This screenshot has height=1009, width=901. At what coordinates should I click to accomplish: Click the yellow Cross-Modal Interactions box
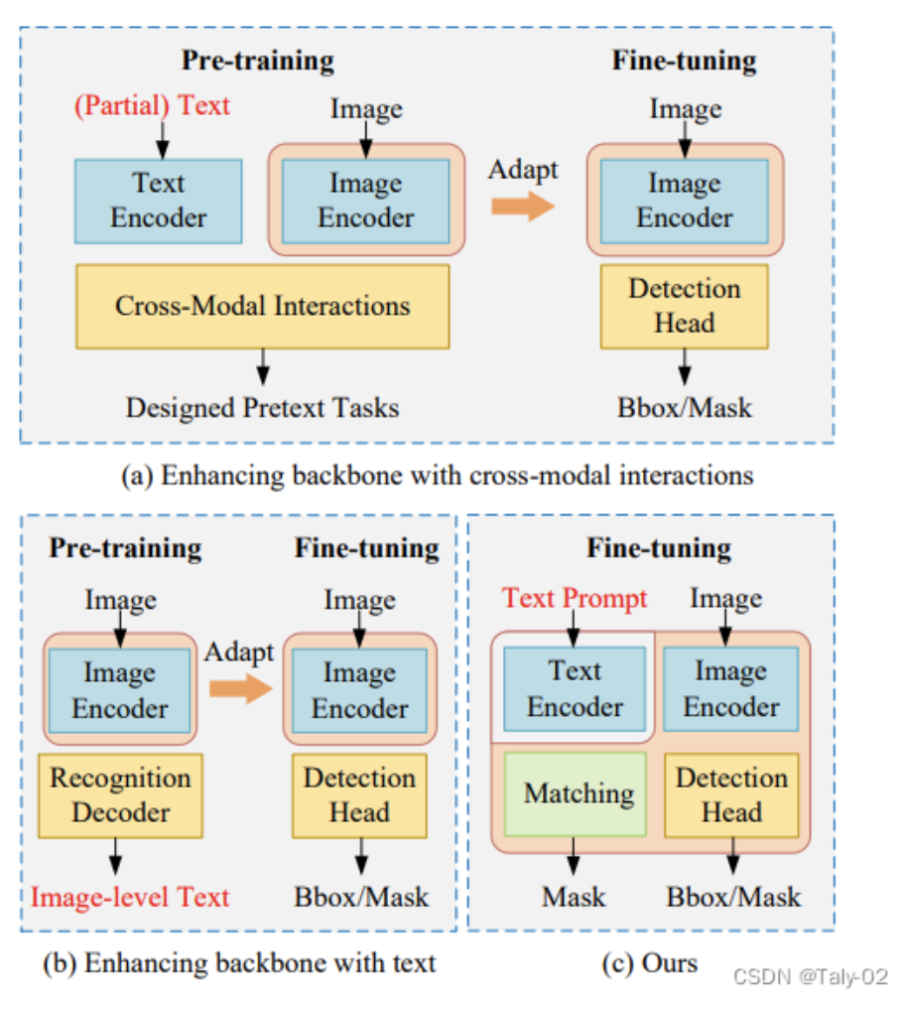coord(262,306)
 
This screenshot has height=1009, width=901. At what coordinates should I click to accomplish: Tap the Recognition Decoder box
coord(120,794)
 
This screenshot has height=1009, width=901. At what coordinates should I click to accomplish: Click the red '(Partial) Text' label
coord(152,105)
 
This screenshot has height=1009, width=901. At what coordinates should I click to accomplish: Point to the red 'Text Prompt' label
coord(575,598)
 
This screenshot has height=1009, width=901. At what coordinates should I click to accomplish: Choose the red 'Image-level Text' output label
coord(130,897)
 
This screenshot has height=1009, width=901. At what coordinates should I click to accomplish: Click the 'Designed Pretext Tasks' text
coord(262,407)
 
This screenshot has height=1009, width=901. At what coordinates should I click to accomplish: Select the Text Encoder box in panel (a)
coord(159,201)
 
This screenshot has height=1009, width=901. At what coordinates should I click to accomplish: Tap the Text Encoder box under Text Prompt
coord(575,689)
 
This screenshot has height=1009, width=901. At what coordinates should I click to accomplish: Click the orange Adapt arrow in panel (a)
coord(523,206)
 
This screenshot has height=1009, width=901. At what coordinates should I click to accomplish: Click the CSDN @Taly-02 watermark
coord(810,976)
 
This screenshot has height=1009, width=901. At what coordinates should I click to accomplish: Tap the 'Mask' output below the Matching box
coord(574,897)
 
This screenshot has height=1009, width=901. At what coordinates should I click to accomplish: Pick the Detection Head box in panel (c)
coord(731,794)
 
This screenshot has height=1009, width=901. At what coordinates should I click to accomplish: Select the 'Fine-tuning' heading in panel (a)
coord(684,61)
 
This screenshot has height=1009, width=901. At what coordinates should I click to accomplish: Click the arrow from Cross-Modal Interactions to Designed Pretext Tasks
coord(263,365)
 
